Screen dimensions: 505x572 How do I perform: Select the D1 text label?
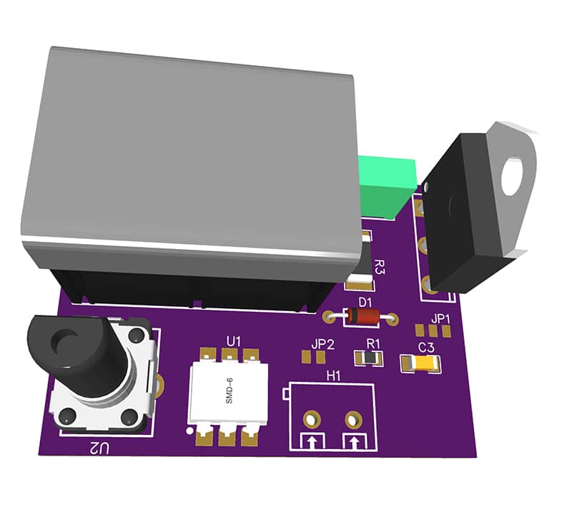point(365,302)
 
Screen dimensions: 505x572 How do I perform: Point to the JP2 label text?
point(323,344)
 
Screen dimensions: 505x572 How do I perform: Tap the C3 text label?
point(426,348)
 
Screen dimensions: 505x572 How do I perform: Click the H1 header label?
point(333,375)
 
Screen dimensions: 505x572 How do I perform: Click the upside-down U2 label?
point(100,448)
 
